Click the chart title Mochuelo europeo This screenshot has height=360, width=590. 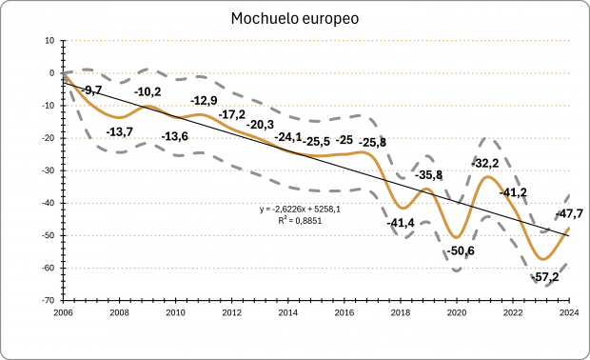294,18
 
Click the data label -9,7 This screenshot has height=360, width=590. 91,90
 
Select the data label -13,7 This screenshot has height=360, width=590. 120,131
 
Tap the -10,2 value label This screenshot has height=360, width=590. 147,91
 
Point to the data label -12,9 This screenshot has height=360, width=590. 204,101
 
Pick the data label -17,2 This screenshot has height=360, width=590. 232,114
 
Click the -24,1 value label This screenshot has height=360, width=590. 288,137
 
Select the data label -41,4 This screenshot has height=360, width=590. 402,222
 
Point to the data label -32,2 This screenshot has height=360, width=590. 486,163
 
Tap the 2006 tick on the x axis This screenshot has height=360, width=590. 63,311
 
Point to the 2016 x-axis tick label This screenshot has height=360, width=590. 344,311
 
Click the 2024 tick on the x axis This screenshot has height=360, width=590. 570,311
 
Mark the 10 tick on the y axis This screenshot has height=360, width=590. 49,40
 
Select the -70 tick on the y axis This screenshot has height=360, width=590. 47,300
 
